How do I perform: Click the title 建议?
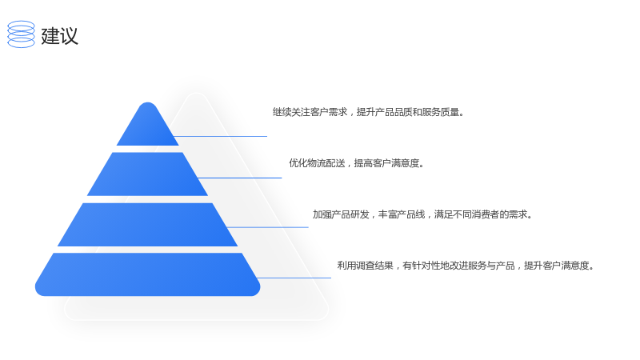59,35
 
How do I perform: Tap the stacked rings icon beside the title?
22,34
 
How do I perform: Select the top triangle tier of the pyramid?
148,125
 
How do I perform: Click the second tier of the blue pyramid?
147,174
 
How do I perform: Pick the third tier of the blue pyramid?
147,225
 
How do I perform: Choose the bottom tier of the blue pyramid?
147,274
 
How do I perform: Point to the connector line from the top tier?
221,136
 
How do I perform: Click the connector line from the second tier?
239,178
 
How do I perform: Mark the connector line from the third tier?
268,227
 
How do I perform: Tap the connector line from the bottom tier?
294,278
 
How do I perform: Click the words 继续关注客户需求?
310,112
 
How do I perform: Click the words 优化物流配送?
317,163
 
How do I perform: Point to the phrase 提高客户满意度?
386,163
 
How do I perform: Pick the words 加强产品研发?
341,214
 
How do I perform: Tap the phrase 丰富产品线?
402,214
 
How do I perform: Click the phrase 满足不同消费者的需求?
481,214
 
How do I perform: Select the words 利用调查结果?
366,266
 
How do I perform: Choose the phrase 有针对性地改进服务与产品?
458,266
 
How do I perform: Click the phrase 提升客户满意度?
557,266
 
